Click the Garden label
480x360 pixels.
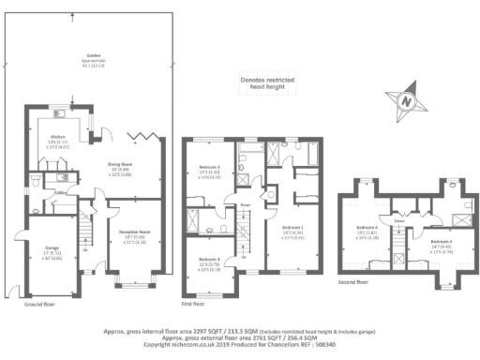pyautogui.click(x=92, y=54)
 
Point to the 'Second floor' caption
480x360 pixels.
pyautogui.click(x=352, y=280)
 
